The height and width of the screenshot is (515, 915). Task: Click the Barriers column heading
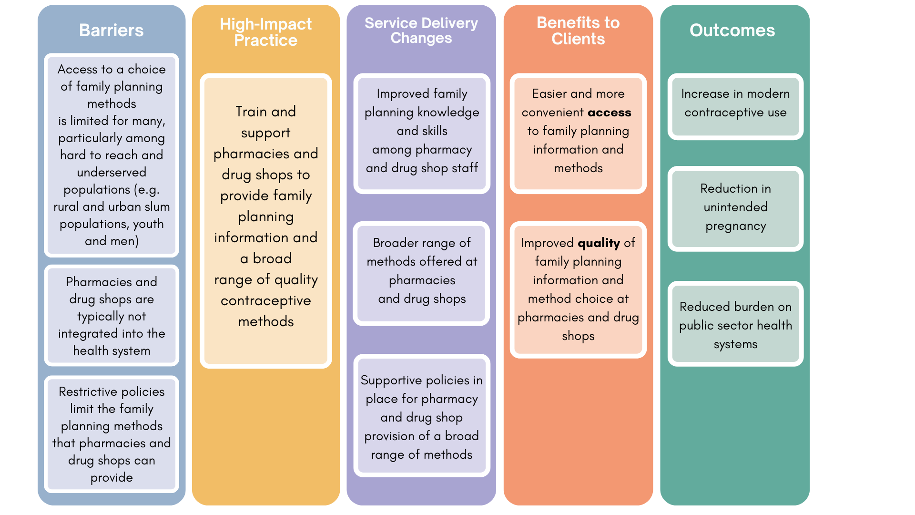(x=111, y=31)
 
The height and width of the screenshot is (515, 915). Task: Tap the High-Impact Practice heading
(x=265, y=32)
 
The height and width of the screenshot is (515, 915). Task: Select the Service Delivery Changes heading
(x=421, y=31)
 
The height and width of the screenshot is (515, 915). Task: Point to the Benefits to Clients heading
(x=578, y=31)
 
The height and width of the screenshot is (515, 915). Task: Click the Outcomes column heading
(x=732, y=31)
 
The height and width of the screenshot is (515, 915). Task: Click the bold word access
(x=610, y=113)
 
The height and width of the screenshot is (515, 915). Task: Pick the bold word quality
(x=599, y=243)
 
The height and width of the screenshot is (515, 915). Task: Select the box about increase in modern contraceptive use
(x=735, y=106)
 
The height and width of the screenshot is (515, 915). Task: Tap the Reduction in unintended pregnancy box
(x=735, y=208)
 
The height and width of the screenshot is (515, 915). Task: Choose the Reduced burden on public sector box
(x=735, y=324)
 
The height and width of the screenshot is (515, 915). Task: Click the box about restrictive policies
(x=112, y=434)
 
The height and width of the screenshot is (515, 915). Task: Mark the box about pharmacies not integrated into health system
(x=112, y=316)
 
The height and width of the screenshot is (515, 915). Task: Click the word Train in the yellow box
(x=251, y=112)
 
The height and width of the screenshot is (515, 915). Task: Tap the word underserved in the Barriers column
(x=112, y=172)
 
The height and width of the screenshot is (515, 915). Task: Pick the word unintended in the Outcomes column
(x=735, y=207)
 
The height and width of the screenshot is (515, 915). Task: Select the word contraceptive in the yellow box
(x=265, y=301)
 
